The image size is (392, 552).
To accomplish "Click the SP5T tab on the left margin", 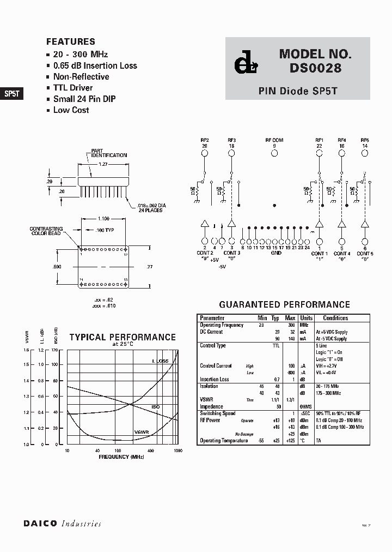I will pos(11,93).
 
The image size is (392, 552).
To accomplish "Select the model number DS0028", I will pos(312,69).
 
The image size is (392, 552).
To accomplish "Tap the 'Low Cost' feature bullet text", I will pos(71,110).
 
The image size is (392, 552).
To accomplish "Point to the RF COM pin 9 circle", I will pos(274,154).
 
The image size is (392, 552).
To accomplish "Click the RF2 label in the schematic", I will pos(205,140).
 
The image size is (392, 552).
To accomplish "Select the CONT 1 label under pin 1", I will pos(319,254).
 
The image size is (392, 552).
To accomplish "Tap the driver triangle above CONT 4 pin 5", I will pos(342,224).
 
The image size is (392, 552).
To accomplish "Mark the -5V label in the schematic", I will pos(222,266).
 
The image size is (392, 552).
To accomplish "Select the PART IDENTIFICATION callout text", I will pos(109,153).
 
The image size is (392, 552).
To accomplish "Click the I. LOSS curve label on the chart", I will pos(160,361).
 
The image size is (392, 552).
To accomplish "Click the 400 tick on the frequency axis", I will pos(151,451).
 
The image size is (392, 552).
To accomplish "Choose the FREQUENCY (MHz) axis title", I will pos(121,456).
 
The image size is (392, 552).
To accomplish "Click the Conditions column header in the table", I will pos(335,318).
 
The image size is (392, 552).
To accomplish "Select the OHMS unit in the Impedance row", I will pos(306,406).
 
